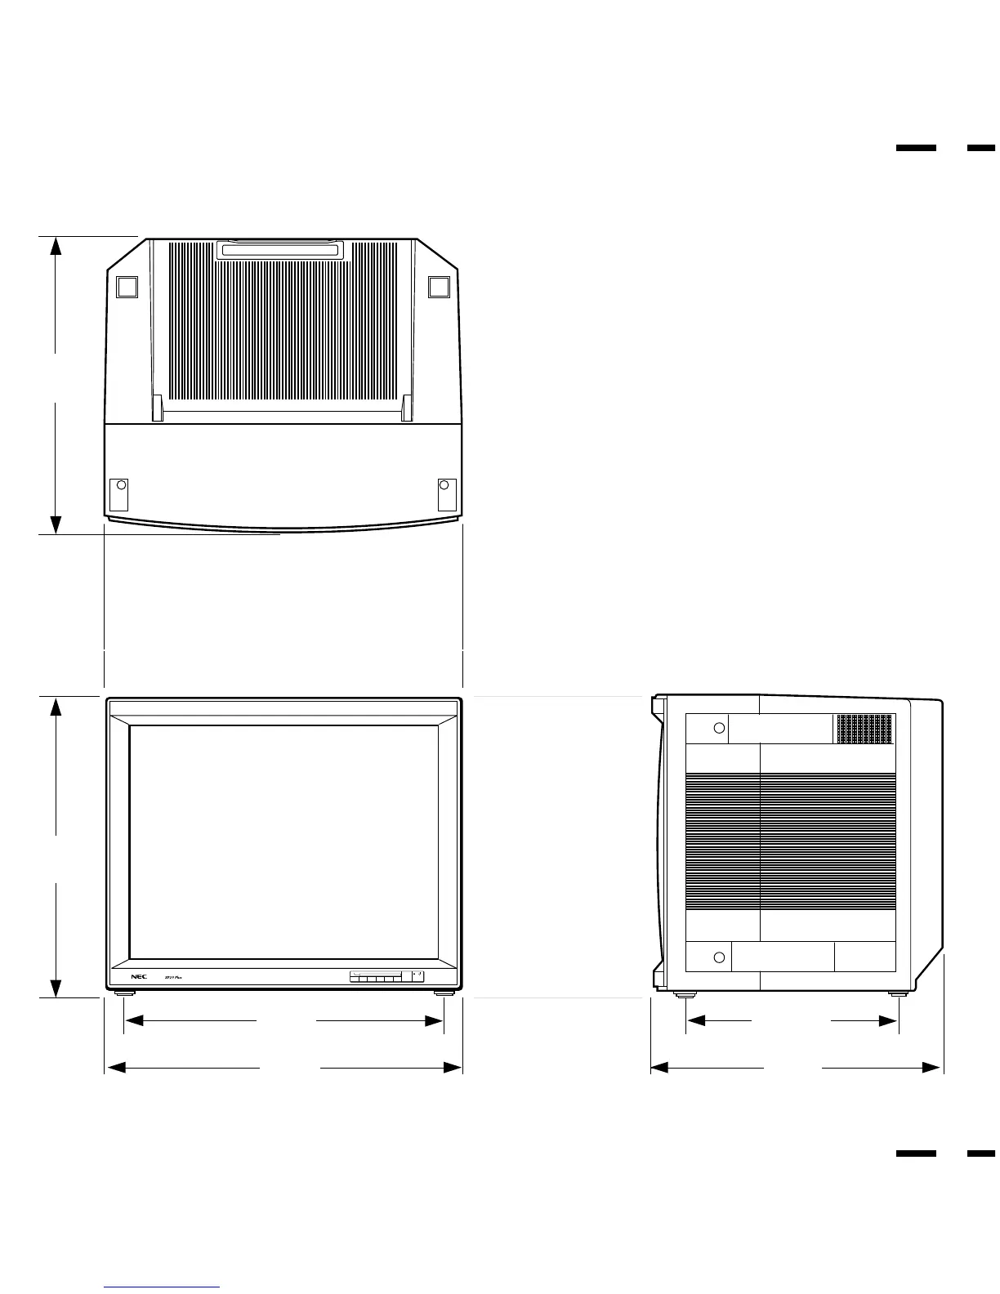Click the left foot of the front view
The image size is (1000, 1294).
(x=124, y=993)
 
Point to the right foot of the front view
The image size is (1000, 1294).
(x=444, y=993)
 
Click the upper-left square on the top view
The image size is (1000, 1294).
(x=126, y=287)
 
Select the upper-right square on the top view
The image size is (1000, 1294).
(x=439, y=286)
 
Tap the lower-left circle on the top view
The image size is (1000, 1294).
(x=121, y=484)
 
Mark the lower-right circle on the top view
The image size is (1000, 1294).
(x=444, y=484)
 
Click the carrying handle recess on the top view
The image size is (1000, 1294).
(x=279, y=250)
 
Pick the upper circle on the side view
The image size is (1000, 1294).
(x=719, y=728)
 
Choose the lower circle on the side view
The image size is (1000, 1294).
(x=719, y=957)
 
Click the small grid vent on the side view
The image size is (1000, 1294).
(x=864, y=729)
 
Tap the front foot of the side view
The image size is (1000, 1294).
(x=685, y=994)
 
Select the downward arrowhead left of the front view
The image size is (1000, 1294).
(x=56, y=988)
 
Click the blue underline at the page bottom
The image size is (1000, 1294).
(x=162, y=1287)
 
